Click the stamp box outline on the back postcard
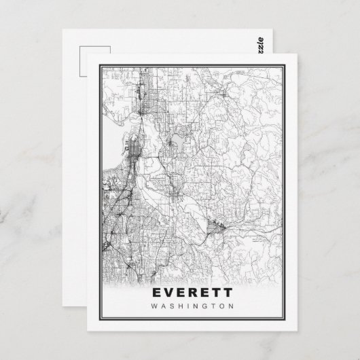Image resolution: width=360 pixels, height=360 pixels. click(86, 60)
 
